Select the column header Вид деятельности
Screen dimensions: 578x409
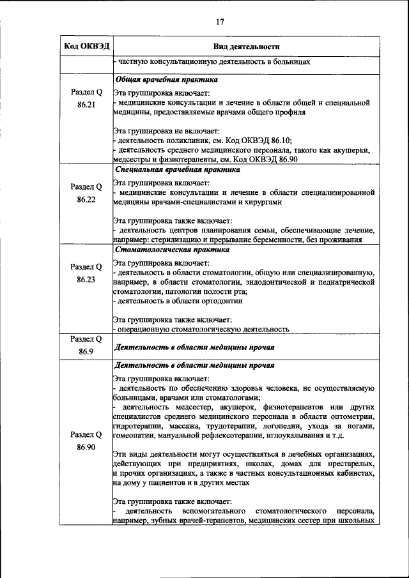[245, 47]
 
